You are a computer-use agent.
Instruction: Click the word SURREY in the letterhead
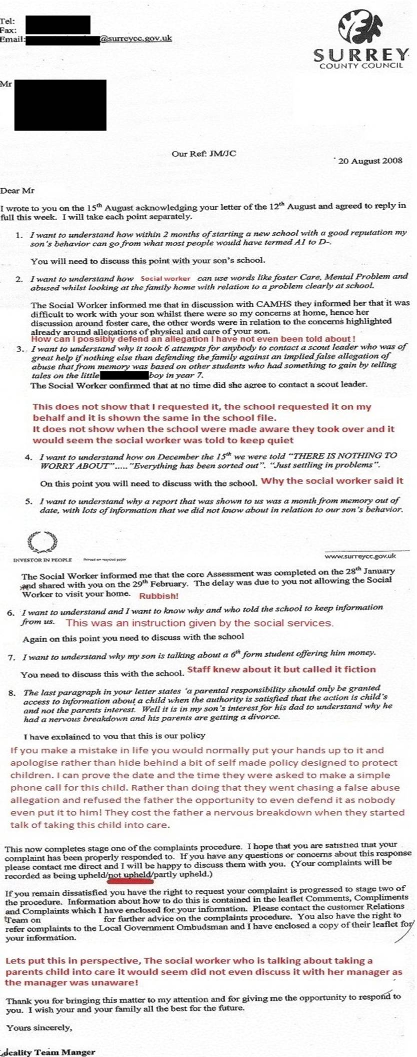(x=360, y=55)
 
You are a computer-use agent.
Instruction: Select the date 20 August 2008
(x=370, y=161)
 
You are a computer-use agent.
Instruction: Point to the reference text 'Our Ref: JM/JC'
(x=204, y=154)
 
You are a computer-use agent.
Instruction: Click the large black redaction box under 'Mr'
(x=60, y=105)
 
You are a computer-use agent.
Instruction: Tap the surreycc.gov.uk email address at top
(x=136, y=38)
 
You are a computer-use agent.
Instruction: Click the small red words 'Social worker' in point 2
(x=166, y=279)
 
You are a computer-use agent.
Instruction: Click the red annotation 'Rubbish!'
(x=159, y=596)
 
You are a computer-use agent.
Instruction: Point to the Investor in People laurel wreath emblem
(x=43, y=542)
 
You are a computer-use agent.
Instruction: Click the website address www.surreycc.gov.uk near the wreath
(x=360, y=556)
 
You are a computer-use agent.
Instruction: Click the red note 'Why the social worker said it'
(x=332, y=481)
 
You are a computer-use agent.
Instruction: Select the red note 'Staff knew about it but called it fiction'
(x=281, y=669)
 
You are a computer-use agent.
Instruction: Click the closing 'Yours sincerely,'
(x=39, y=1028)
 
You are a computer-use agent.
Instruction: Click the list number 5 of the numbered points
(x=29, y=501)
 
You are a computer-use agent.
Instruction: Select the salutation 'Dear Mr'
(x=18, y=190)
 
